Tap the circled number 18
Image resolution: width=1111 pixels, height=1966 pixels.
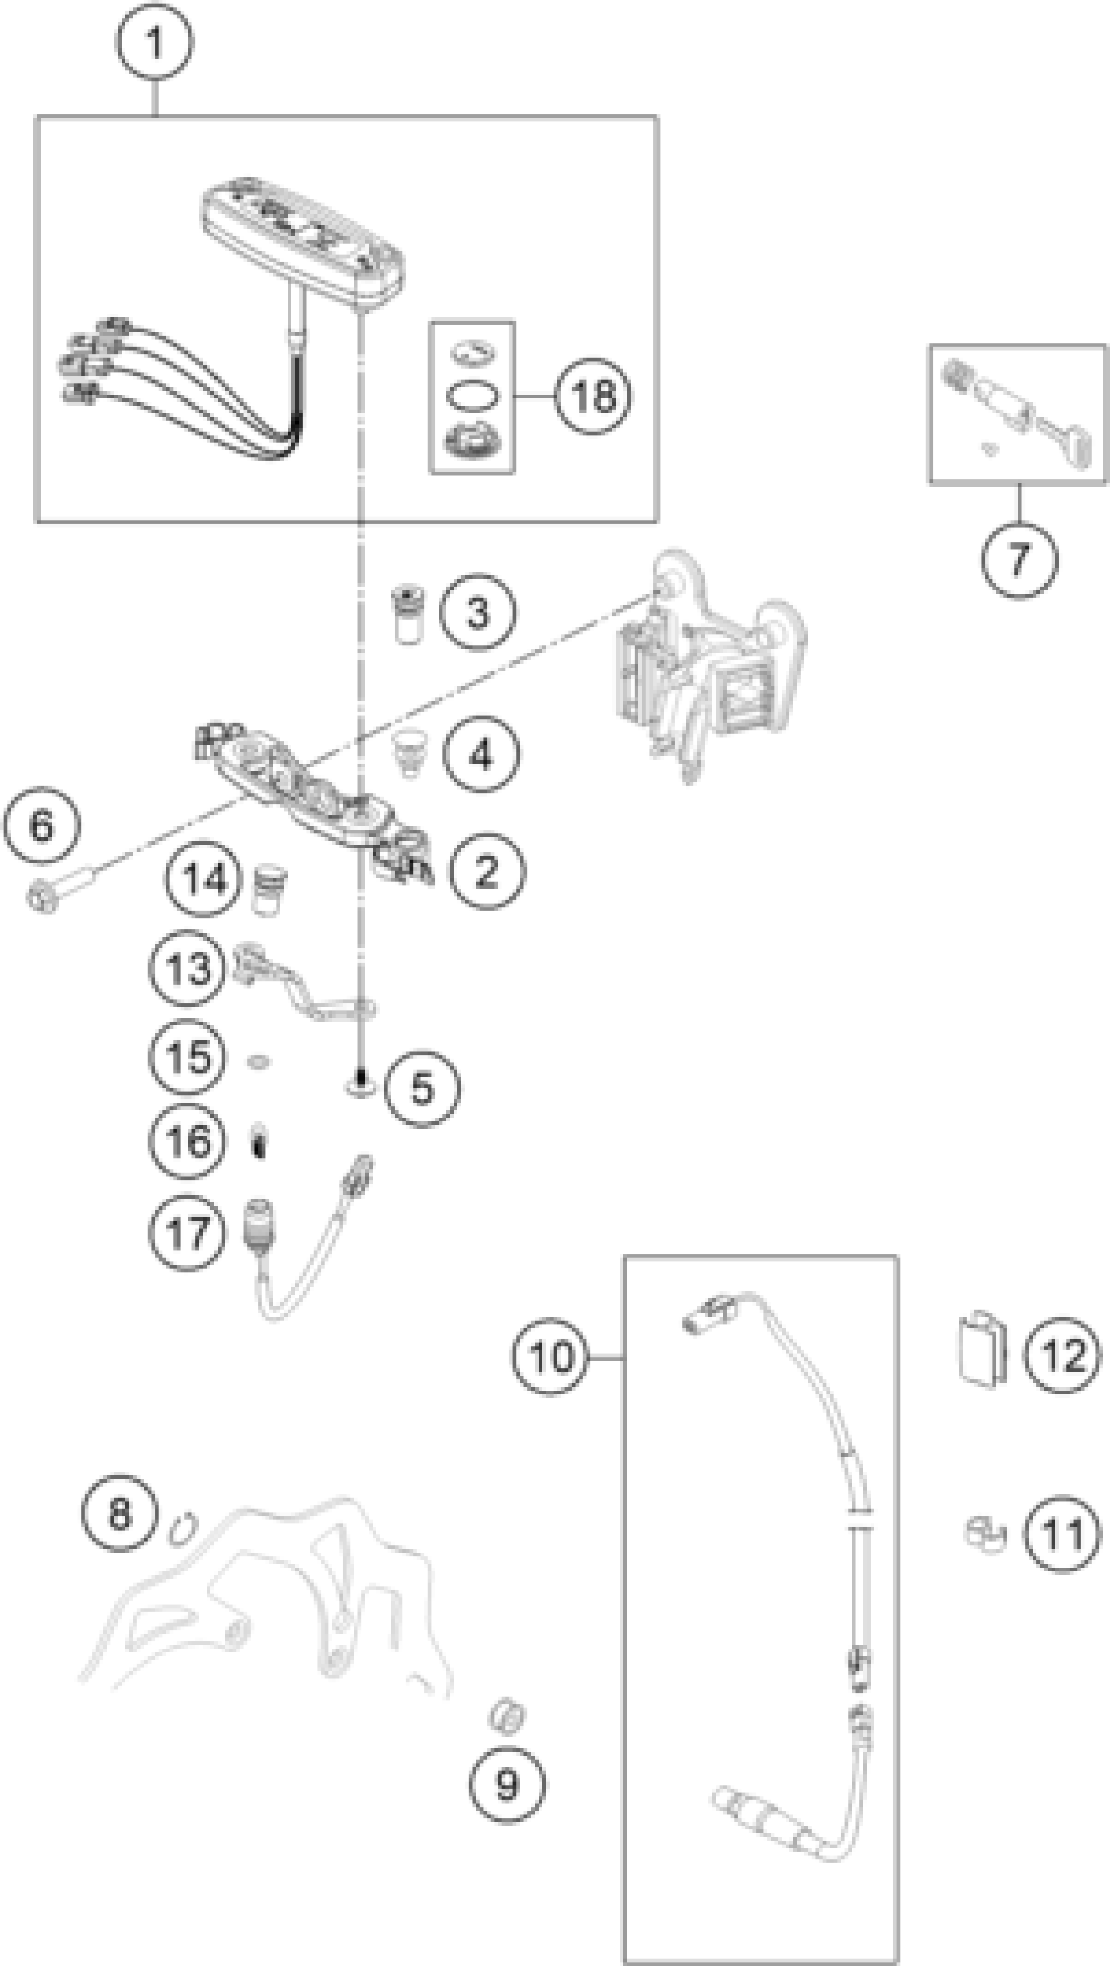(x=593, y=396)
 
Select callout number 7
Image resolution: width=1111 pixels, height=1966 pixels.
(x=1019, y=559)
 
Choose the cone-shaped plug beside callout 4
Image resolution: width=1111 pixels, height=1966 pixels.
(x=409, y=752)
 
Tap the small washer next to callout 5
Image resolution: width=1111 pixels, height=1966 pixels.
(x=360, y=1084)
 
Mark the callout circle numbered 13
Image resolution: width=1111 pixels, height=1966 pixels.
(x=187, y=969)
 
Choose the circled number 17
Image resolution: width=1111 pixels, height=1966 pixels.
(x=187, y=1233)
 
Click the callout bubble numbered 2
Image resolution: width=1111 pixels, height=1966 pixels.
(x=486, y=870)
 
